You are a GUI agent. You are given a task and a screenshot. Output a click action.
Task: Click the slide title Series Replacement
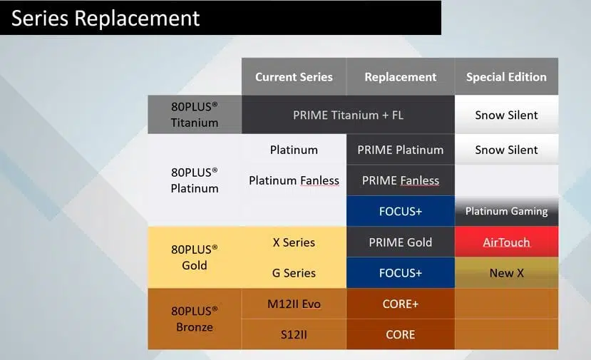pyautogui.click(x=106, y=18)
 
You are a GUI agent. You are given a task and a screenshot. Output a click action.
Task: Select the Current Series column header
pyautogui.click(x=294, y=76)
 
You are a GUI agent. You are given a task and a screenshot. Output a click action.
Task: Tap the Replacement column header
pyautogui.click(x=400, y=76)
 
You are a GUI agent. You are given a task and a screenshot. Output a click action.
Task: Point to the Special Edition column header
pyautogui.click(x=506, y=76)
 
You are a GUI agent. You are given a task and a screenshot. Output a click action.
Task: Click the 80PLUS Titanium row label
pyautogui.click(x=195, y=115)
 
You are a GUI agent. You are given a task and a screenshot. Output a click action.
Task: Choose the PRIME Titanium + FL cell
pyautogui.click(x=349, y=115)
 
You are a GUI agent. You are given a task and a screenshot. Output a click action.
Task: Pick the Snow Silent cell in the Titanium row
pyautogui.click(x=506, y=115)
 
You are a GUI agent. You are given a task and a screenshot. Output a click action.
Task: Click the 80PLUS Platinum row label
pyautogui.click(x=195, y=180)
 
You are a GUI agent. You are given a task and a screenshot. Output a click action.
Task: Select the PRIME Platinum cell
pyautogui.click(x=400, y=150)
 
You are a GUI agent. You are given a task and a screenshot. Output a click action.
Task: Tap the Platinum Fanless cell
pyautogui.click(x=294, y=180)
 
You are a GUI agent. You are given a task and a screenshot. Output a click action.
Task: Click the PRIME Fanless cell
pyautogui.click(x=400, y=180)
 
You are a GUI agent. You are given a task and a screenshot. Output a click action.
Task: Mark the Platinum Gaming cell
pyautogui.click(x=506, y=211)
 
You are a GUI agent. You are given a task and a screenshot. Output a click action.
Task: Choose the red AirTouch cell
pyautogui.click(x=506, y=242)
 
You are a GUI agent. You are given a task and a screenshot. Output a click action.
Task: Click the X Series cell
pyautogui.click(x=294, y=242)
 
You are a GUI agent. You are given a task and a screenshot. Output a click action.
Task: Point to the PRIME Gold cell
pyautogui.click(x=400, y=242)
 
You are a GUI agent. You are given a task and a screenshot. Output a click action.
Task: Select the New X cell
pyautogui.click(x=506, y=273)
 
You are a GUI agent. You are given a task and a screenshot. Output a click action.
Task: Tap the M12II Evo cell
pyautogui.click(x=294, y=304)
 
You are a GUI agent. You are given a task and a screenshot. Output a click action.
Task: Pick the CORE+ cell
pyautogui.click(x=400, y=304)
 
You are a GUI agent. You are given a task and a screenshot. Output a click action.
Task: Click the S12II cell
pyautogui.click(x=294, y=334)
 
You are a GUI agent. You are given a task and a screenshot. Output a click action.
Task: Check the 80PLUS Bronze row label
pyautogui.click(x=195, y=319)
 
